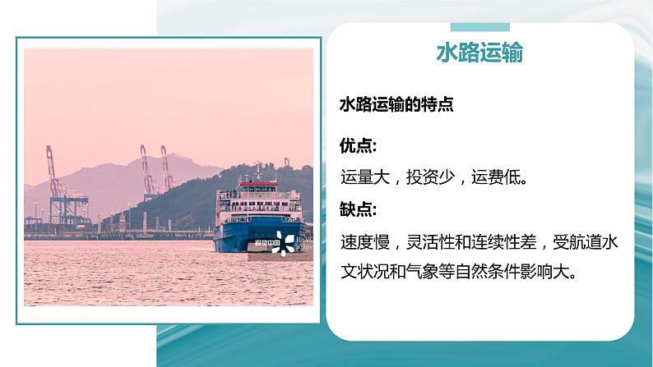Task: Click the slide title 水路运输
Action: pos(479,54)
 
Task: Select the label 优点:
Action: pos(359,145)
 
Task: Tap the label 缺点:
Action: pos(359,209)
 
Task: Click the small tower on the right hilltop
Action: pos(286,163)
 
